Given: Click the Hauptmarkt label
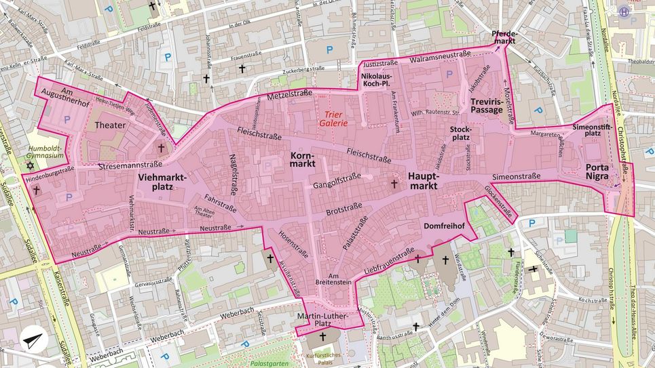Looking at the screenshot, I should click(424, 180).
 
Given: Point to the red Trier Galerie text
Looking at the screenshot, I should click(335, 119).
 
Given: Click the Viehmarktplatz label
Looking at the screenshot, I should click(162, 182).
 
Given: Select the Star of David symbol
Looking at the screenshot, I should click(30, 165).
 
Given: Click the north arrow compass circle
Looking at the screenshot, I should click(34, 340).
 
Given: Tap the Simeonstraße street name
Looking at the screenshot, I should click(517, 176).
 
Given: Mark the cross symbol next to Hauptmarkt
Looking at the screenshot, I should click(393, 183).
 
